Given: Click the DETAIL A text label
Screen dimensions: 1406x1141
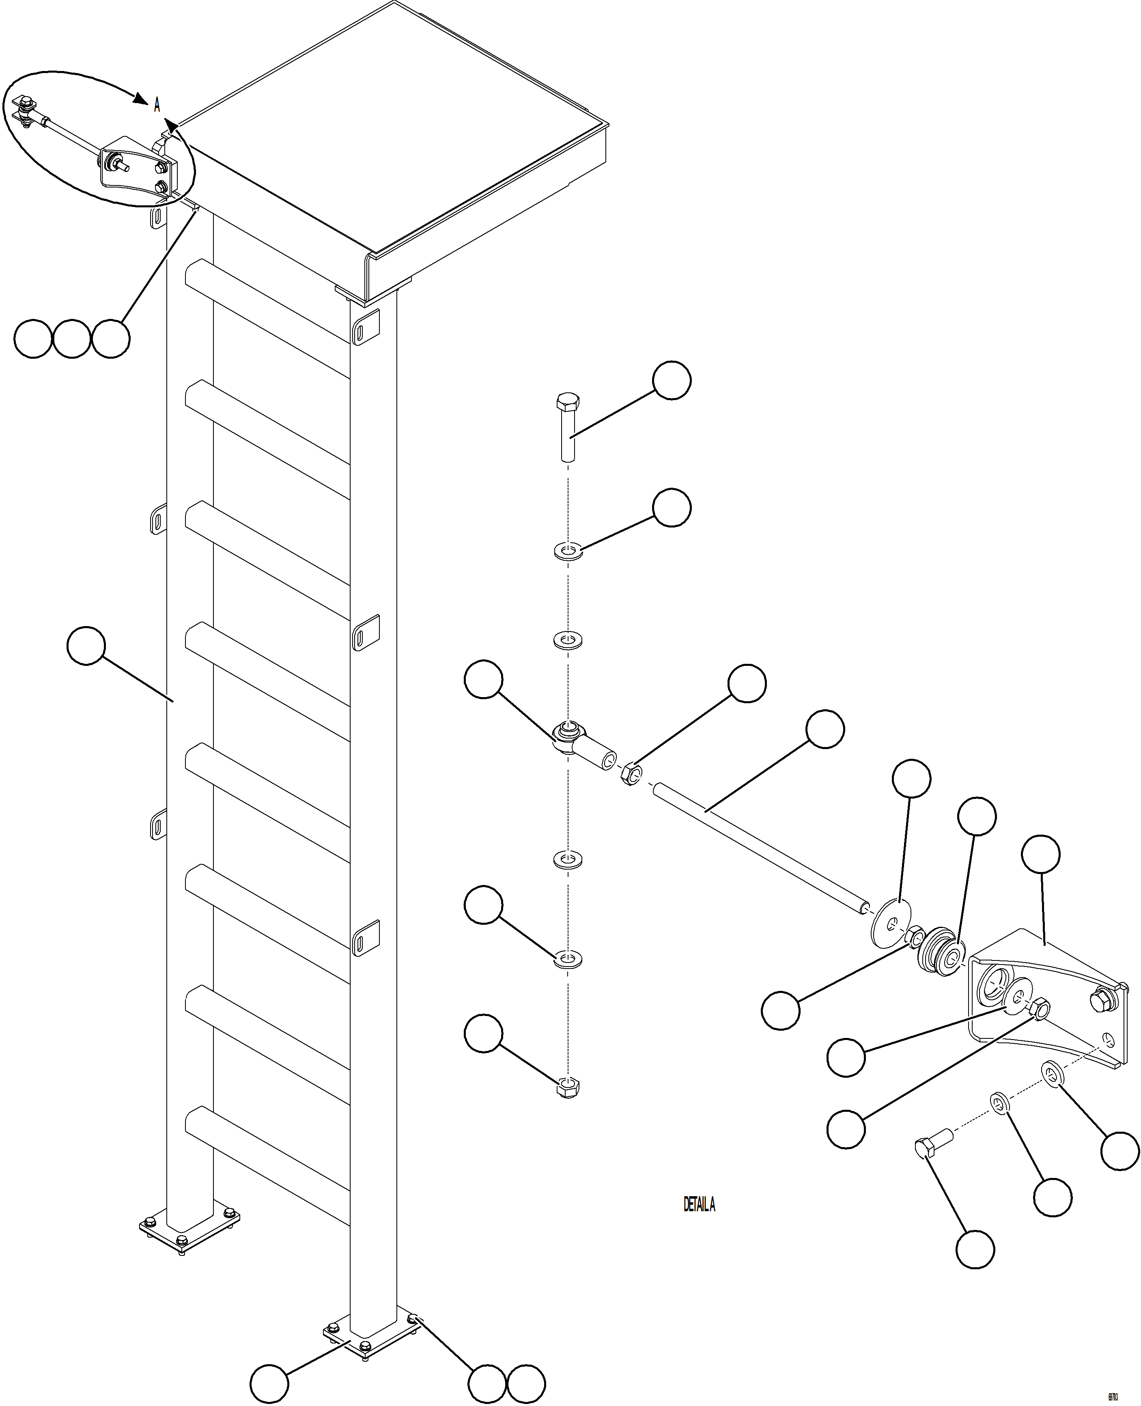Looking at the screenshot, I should point(699,1205).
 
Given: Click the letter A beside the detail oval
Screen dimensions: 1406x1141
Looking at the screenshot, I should point(157,105).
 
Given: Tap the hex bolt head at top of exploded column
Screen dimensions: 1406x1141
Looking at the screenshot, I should point(567,402).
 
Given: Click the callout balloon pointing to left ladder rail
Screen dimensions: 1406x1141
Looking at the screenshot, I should point(86,646).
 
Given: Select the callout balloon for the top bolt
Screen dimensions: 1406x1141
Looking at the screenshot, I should point(671,379).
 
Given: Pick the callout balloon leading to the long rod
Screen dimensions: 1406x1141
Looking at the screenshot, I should point(825,729).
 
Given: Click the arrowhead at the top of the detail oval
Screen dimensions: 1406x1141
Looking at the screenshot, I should point(139,99).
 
